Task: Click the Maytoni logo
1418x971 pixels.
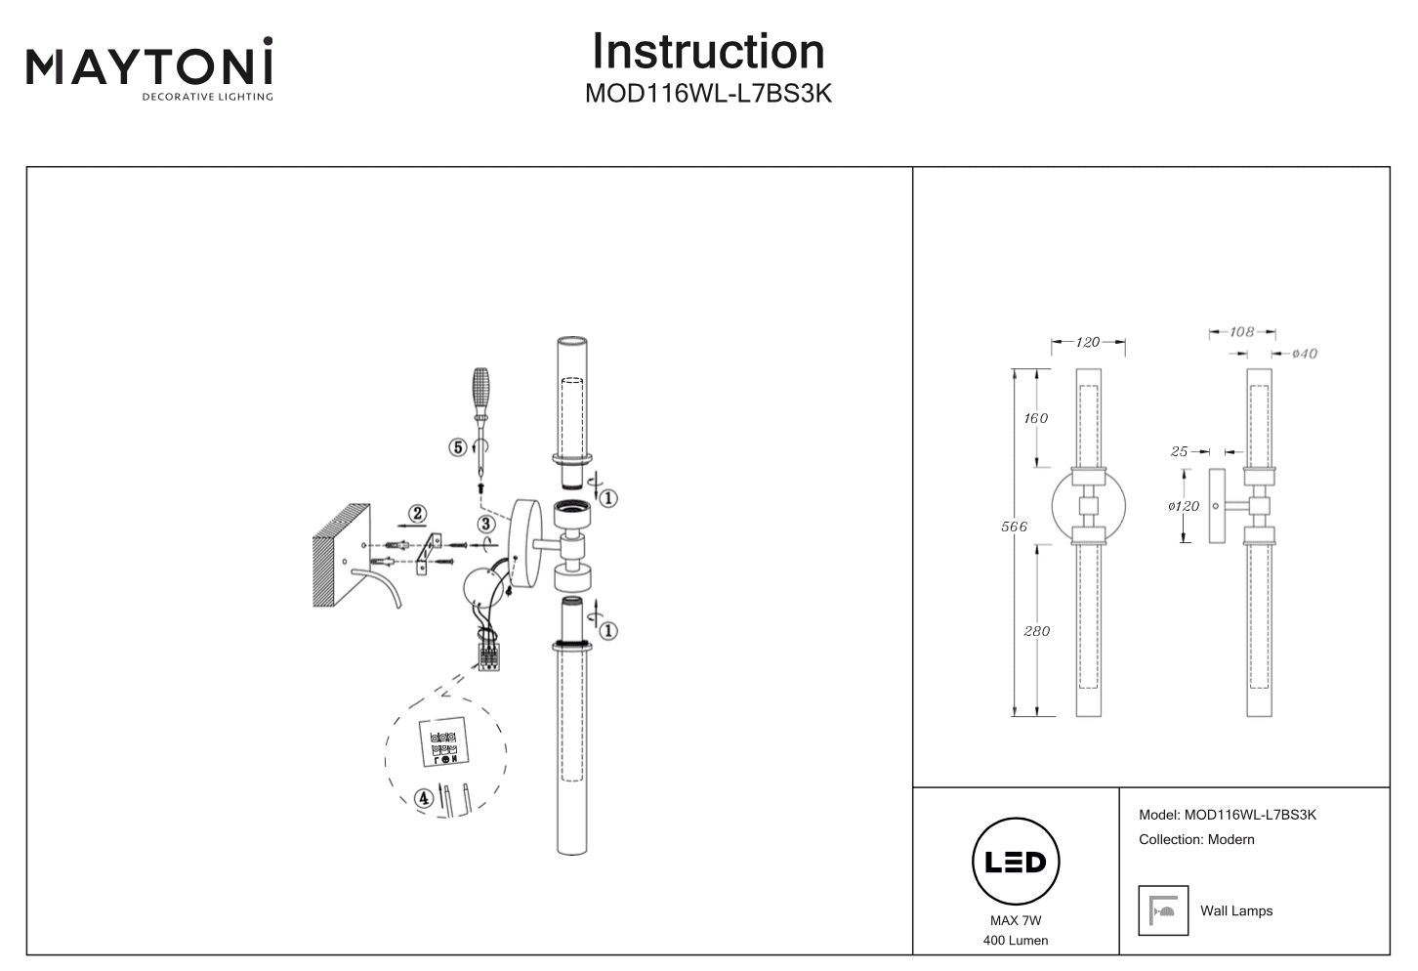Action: coord(149,68)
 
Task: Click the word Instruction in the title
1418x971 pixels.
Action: coord(708,52)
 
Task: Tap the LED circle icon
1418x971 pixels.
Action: coord(1016,862)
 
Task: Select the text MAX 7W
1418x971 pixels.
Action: coord(1016,920)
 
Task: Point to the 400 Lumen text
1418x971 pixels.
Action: coord(1016,941)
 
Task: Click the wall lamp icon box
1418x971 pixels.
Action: coord(1163,910)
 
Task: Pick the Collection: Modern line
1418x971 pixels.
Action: coord(1196,839)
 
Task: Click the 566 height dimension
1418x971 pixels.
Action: coord(1015,527)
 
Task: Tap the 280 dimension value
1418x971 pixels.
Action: coord(1036,631)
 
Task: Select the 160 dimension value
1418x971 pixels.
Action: coord(1035,418)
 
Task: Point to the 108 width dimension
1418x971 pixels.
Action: coord(1241,332)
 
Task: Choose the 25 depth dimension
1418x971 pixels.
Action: coord(1179,451)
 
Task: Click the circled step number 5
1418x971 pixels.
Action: coord(457,447)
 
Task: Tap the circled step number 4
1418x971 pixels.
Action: coord(423,798)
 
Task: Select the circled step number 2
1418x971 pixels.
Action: coord(417,513)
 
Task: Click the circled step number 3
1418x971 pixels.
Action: coord(486,524)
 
